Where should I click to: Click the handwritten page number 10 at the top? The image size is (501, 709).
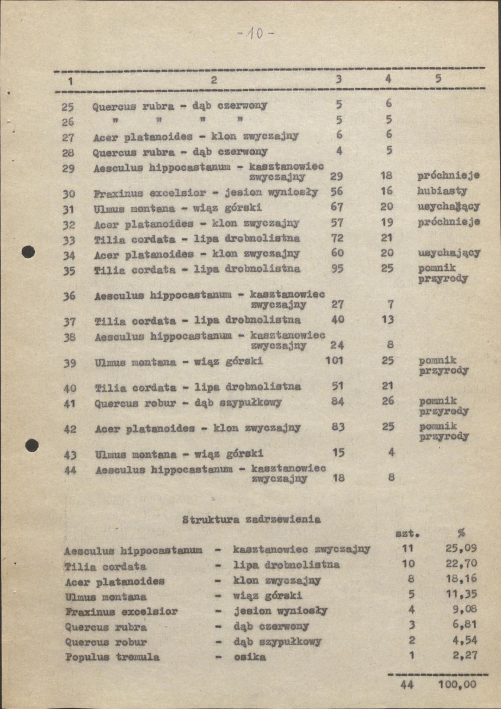pos(256,34)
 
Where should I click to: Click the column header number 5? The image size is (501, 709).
pos(438,79)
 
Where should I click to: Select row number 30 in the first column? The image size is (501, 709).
pos(69,193)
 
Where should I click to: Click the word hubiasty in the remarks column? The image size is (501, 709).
pos(442,191)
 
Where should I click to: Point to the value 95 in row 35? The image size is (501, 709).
pos(337,268)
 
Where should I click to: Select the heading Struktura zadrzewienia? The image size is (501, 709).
pos(251,520)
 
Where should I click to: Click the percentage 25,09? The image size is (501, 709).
pos(461,548)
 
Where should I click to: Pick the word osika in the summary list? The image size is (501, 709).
pos(250,656)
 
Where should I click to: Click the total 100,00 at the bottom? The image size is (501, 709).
pos(457,685)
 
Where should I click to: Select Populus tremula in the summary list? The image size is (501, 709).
pos(112,656)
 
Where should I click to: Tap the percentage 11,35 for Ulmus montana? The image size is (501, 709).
pos(461,594)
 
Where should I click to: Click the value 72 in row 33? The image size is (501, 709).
pos(337,238)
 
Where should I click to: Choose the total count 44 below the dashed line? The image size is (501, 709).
pos(406,685)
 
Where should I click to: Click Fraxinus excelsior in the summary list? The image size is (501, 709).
pos(121,611)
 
